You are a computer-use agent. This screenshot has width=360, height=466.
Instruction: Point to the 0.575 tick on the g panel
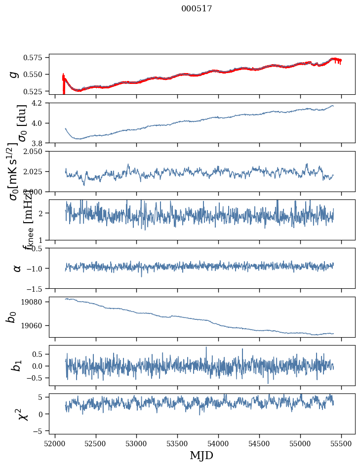click(36, 58)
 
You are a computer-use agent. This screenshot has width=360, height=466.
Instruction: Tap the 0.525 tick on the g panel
click(36, 91)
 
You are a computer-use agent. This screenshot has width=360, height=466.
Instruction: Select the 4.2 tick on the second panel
click(40, 103)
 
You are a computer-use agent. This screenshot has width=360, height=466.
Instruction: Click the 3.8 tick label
click(40, 143)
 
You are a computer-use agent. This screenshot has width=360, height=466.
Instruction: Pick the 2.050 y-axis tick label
click(36, 152)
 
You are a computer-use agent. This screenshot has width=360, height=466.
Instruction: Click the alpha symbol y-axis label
click(17, 268)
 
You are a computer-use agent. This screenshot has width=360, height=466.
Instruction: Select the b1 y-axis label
click(17, 365)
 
